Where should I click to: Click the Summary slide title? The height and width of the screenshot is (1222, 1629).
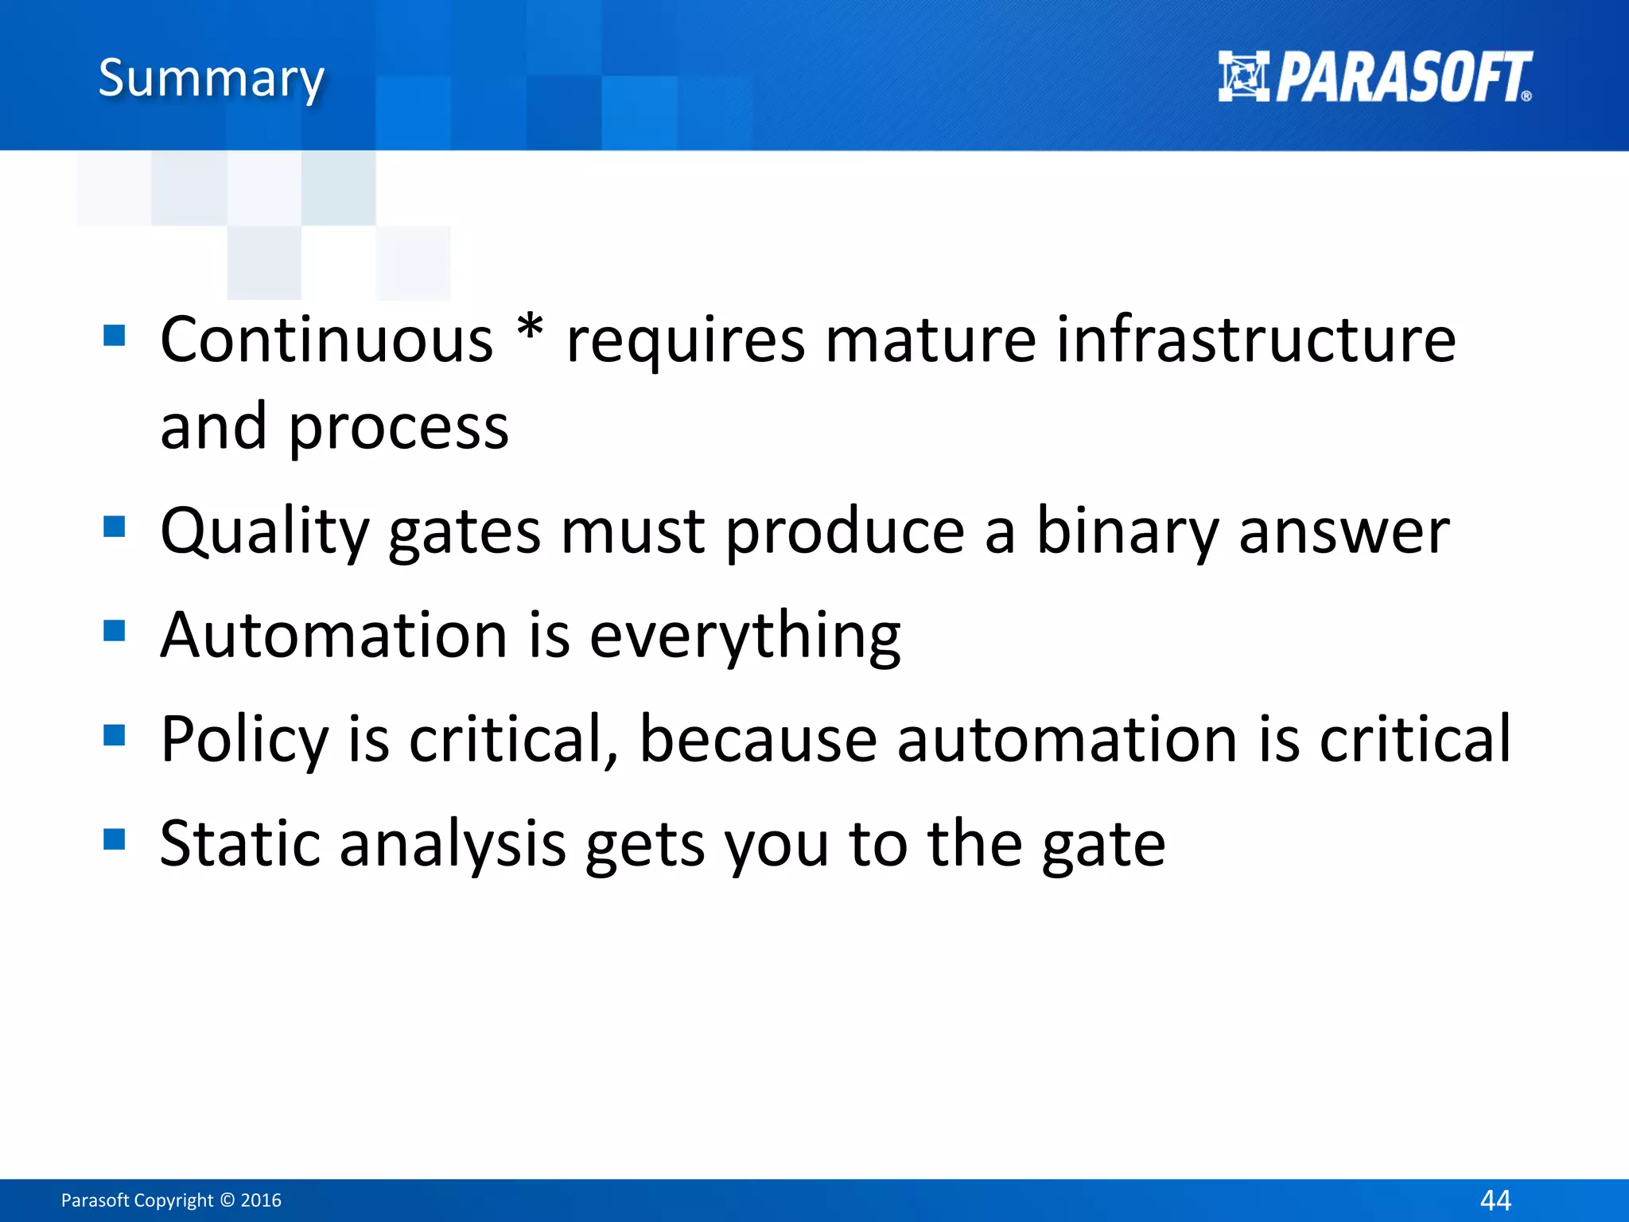tap(211, 78)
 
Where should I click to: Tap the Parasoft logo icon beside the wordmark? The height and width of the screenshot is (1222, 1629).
tap(1243, 76)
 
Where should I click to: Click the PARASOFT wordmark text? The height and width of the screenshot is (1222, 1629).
tap(1403, 77)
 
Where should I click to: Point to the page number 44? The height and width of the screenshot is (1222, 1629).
tap(1495, 1200)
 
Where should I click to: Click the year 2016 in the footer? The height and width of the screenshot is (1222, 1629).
tap(261, 1200)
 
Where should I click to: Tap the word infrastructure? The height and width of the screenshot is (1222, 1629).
tap(1256, 340)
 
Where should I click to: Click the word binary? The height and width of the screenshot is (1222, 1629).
tap(1127, 531)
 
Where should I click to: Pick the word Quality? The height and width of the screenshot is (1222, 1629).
tap(265, 531)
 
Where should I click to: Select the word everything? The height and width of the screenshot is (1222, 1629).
tap(745, 636)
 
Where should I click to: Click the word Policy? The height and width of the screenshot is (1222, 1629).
tap(244, 740)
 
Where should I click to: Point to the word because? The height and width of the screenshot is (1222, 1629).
tap(758, 740)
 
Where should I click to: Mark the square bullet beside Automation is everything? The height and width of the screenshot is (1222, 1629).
tap(115, 630)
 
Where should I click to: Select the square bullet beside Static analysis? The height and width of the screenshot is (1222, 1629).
tap(115, 839)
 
